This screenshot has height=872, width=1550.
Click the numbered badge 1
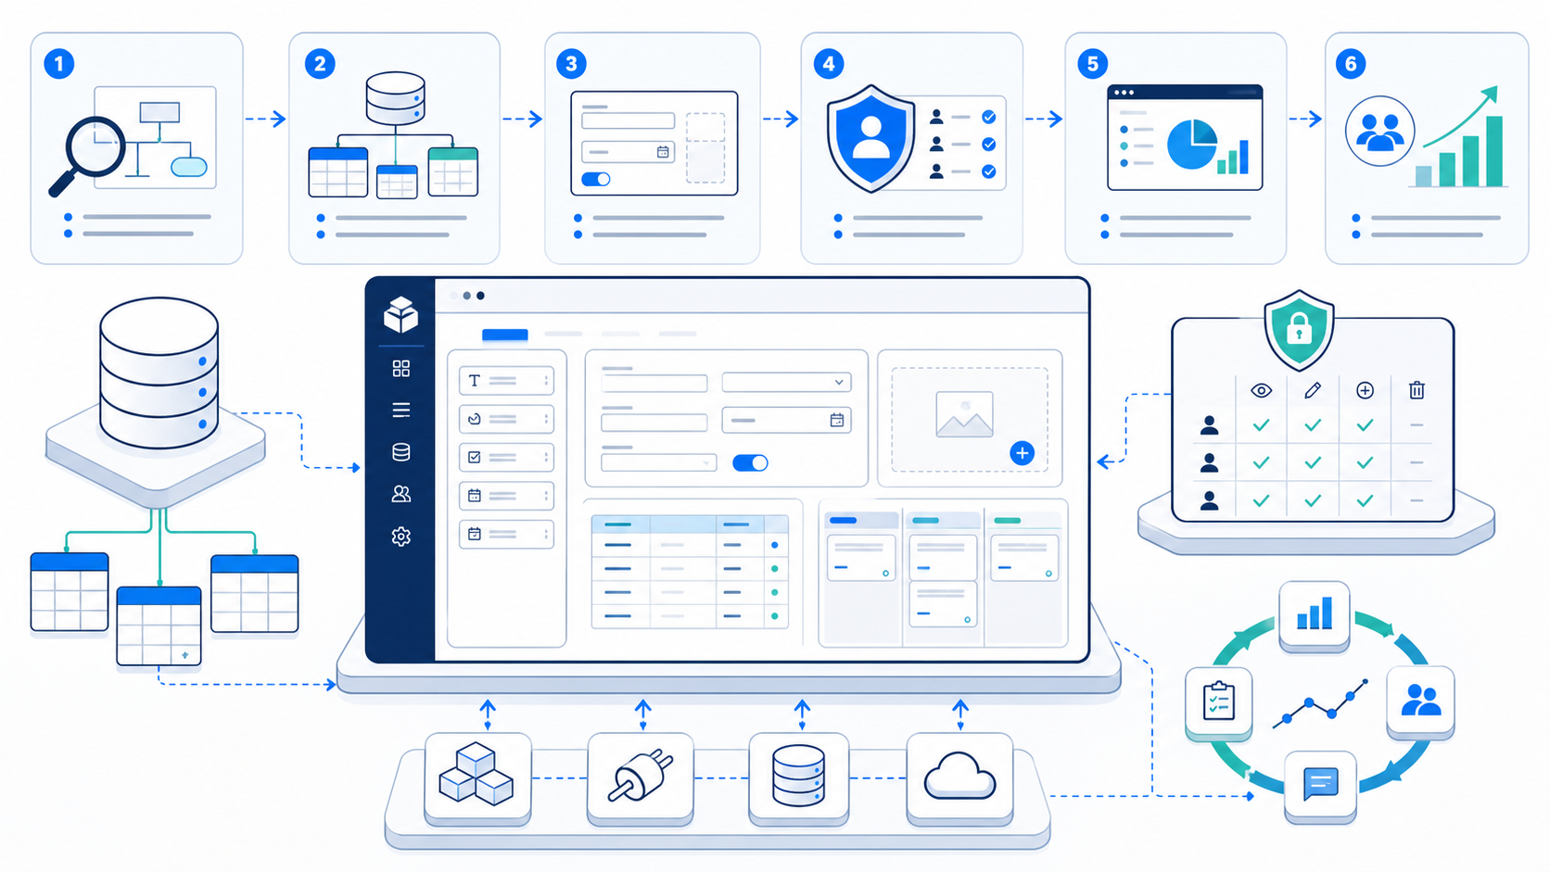click(x=58, y=64)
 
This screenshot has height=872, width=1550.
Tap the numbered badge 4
click(x=828, y=64)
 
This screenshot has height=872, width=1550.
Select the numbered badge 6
click(x=1350, y=64)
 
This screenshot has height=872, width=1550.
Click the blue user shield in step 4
click(x=871, y=138)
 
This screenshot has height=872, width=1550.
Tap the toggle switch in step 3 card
click(x=595, y=179)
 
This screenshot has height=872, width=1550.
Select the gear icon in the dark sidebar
click(x=400, y=536)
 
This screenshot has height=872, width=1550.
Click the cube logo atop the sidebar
click(x=400, y=315)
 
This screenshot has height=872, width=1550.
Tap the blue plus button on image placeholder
click(x=1022, y=453)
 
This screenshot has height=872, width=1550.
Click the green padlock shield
click(x=1299, y=331)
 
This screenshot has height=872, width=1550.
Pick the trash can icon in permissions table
click(x=1417, y=390)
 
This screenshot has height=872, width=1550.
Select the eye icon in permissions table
click(x=1261, y=391)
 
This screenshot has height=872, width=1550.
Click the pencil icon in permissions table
click(x=1312, y=391)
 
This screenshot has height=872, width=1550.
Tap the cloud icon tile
click(x=959, y=778)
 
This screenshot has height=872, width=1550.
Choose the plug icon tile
click(x=640, y=778)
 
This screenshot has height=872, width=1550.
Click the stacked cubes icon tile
click(x=477, y=778)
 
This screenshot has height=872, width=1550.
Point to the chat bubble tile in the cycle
click(x=1320, y=786)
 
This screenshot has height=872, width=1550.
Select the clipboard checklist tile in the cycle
click(x=1218, y=703)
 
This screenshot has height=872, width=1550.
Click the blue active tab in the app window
click(x=504, y=335)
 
